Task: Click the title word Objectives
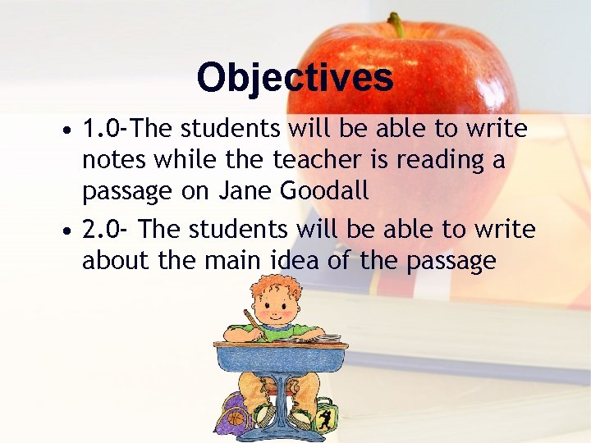pyautogui.click(x=295, y=77)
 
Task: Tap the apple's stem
pyautogui.click(x=396, y=25)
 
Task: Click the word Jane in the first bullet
pyautogui.click(x=245, y=191)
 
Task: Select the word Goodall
pyautogui.click(x=323, y=191)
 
